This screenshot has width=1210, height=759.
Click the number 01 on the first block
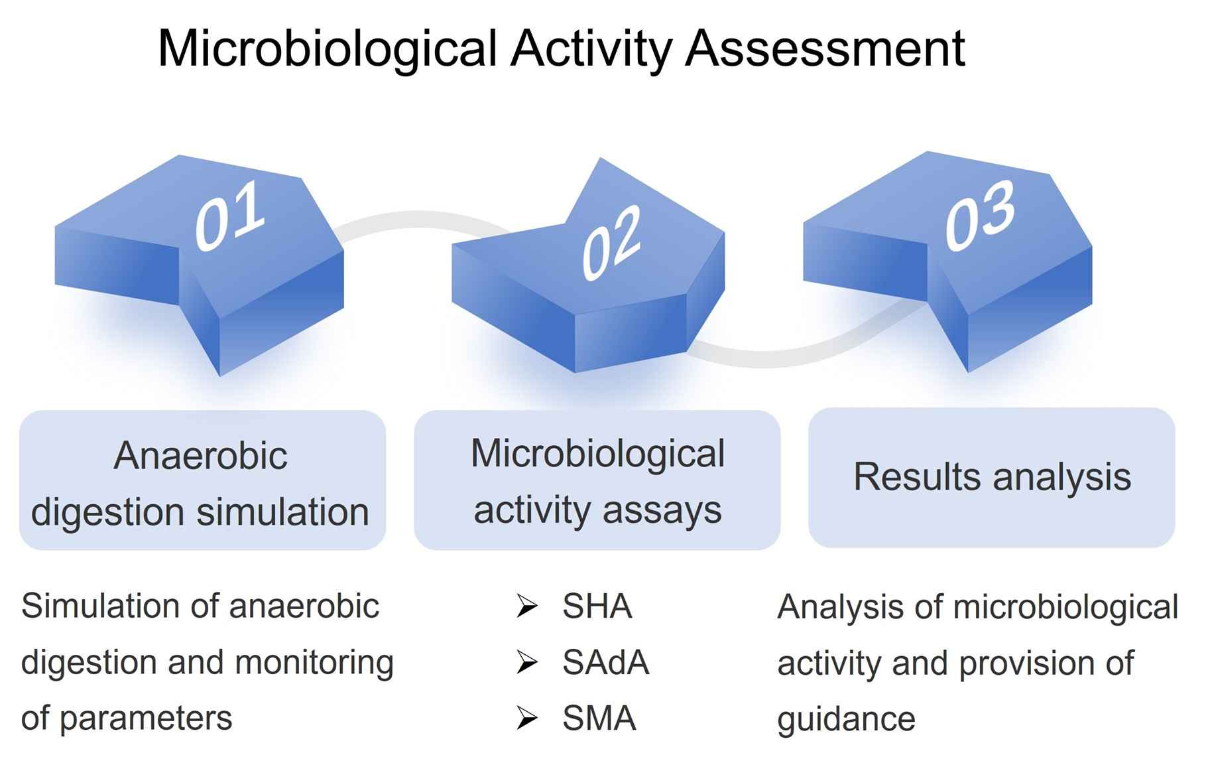click(229, 217)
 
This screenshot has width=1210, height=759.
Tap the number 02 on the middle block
click(611, 242)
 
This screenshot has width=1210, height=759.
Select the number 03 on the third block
click(980, 216)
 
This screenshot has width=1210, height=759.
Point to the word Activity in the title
click(590, 48)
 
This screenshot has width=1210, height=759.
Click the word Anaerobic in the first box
click(200, 456)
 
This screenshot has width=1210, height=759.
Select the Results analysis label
click(991, 477)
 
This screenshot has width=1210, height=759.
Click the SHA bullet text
click(597, 606)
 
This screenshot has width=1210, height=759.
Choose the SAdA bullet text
click(605, 662)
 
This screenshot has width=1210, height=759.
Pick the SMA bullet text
click(599, 719)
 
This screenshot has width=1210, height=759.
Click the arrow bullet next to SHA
click(527, 606)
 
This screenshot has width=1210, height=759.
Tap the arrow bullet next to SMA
click(527, 719)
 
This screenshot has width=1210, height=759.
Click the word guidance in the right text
click(845, 719)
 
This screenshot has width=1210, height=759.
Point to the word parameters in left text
click(146, 719)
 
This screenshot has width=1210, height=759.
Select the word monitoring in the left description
click(314, 662)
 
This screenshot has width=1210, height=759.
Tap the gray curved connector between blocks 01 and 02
click(418, 220)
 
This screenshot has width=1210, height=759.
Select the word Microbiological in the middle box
click(597, 454)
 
